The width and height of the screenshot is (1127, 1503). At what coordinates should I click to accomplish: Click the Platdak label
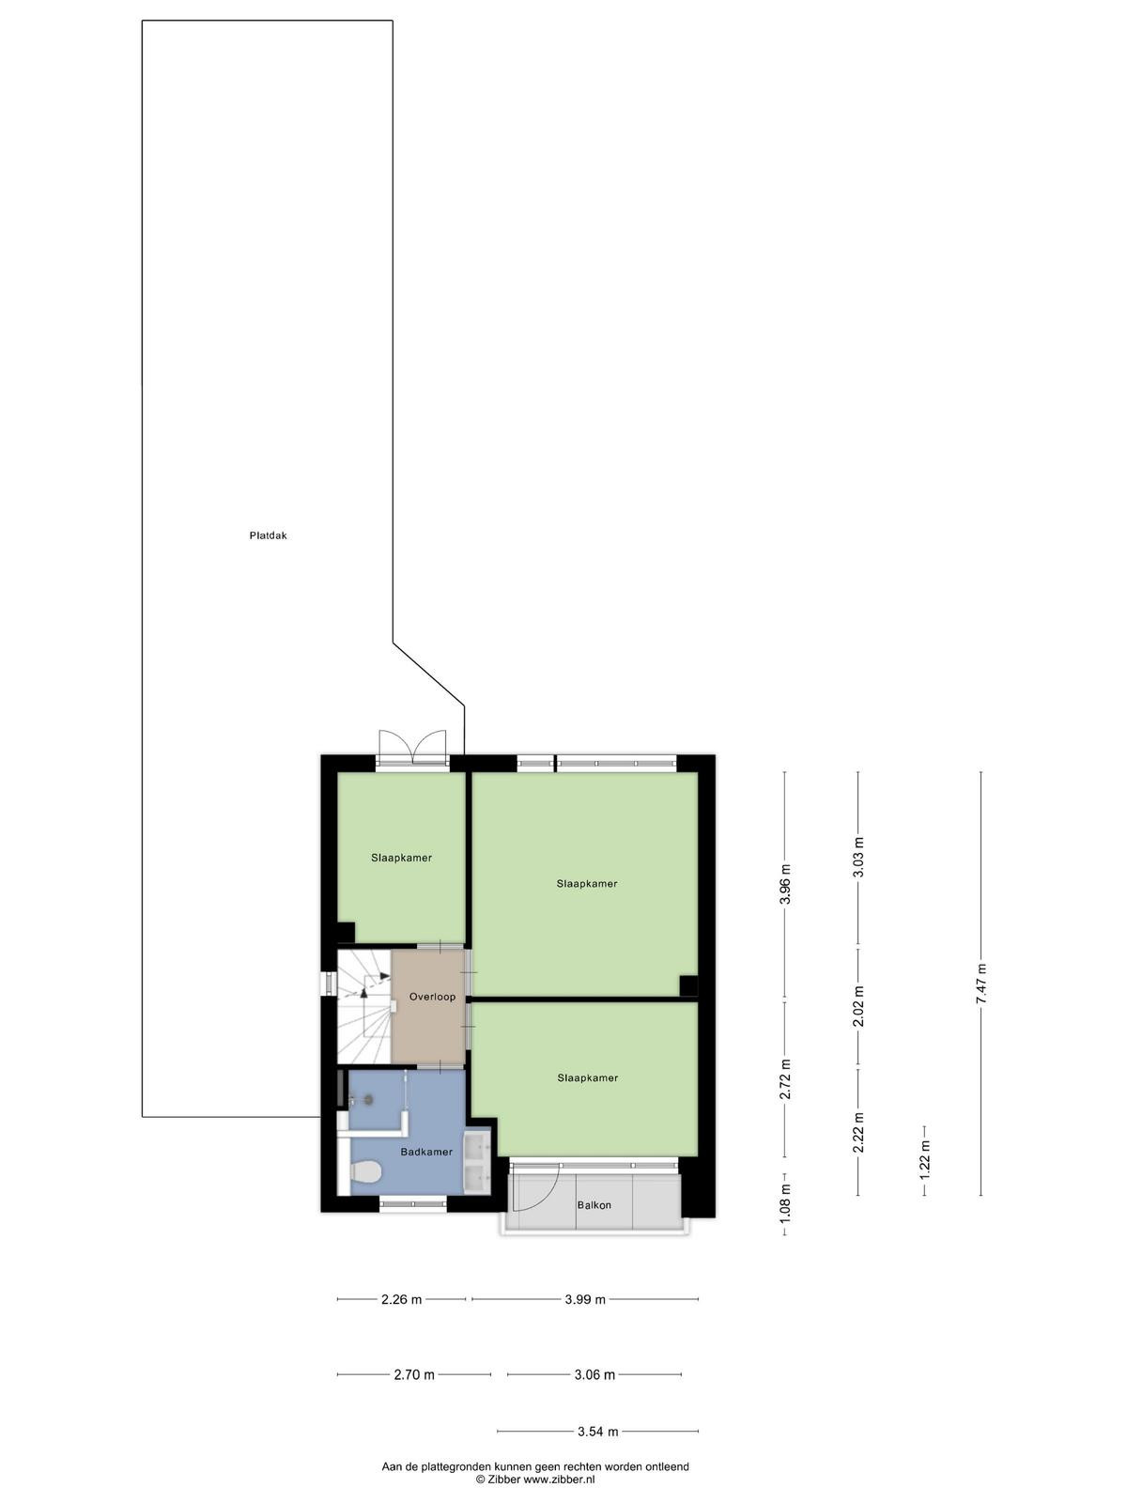(268, 535)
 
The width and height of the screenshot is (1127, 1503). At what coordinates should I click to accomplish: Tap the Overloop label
(432, 997)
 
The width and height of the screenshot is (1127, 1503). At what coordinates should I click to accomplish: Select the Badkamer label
(426, 1152)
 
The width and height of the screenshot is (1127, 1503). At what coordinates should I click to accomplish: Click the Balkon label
(594, 1205)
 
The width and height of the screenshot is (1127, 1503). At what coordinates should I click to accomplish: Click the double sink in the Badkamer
(477, 1162)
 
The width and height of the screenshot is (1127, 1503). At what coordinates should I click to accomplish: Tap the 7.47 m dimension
(981, 984)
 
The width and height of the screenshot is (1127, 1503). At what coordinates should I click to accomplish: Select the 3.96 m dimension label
(785, 884)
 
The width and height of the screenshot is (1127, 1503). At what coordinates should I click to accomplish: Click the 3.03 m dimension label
(858, 858)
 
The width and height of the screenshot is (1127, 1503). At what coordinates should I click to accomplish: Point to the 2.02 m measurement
(858, 1006)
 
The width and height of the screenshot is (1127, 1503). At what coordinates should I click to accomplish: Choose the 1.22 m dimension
(924, 1158)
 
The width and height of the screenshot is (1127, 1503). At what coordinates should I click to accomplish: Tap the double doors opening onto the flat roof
(412, 743)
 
